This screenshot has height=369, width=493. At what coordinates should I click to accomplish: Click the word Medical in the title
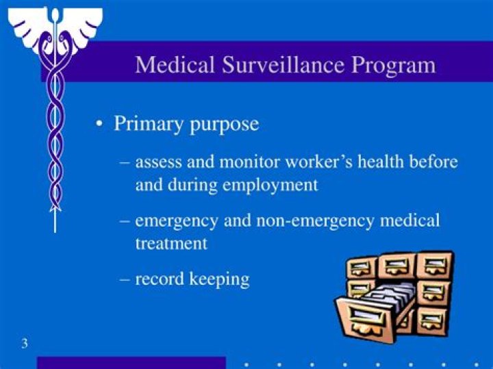[x=175, y=65]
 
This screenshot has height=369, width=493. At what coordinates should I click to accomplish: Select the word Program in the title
[x=394, y=65]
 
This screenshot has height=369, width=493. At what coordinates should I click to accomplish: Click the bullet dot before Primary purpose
[x=100, y=125]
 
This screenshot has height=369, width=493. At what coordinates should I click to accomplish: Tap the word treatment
[x=171, y=244]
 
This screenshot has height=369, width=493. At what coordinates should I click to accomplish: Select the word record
[x=160, y=279]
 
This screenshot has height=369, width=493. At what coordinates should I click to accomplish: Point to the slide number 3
[x=24, y=343]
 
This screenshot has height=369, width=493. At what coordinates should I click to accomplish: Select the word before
[x=434, y=162]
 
